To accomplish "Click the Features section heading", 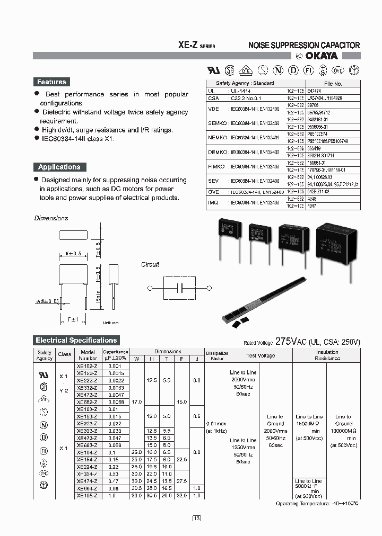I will [51, 82].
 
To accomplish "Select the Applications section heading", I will [59, 167].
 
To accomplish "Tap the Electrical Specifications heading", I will [76, 340].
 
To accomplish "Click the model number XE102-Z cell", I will [87, 366].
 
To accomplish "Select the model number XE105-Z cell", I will [87, 495].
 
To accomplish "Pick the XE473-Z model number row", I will [87, 439].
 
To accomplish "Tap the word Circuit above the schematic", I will [150, 264].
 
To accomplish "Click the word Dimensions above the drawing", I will [51, 218].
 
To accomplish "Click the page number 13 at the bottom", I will [196, 518].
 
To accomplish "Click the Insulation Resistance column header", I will [327, 355].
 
